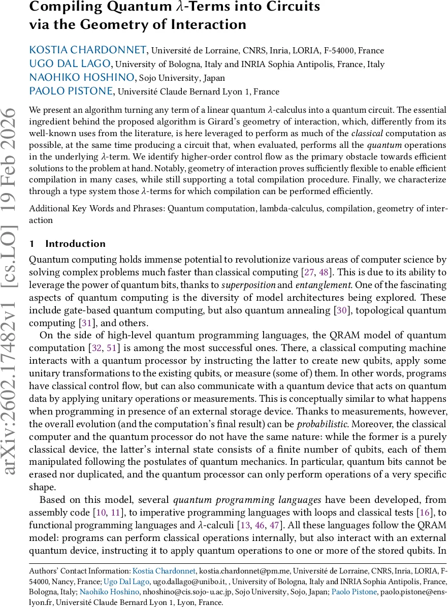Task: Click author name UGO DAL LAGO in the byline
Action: [70, 64]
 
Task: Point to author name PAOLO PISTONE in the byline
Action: [72, 91]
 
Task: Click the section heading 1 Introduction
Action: [68, 243]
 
